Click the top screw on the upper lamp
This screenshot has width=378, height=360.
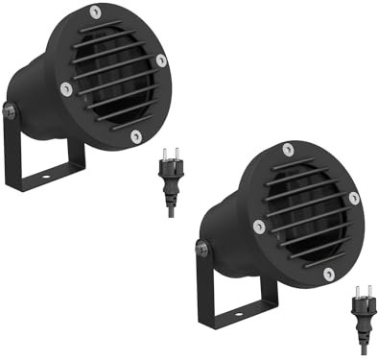95,12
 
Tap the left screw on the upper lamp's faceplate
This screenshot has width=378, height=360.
65,89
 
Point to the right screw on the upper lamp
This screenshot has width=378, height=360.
161,60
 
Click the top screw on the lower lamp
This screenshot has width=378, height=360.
288,149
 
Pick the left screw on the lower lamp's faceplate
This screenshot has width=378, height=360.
259,227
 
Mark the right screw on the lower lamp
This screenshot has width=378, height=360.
354,198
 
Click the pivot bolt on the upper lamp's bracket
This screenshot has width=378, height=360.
10,111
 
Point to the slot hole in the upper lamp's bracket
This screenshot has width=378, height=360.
46,176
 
